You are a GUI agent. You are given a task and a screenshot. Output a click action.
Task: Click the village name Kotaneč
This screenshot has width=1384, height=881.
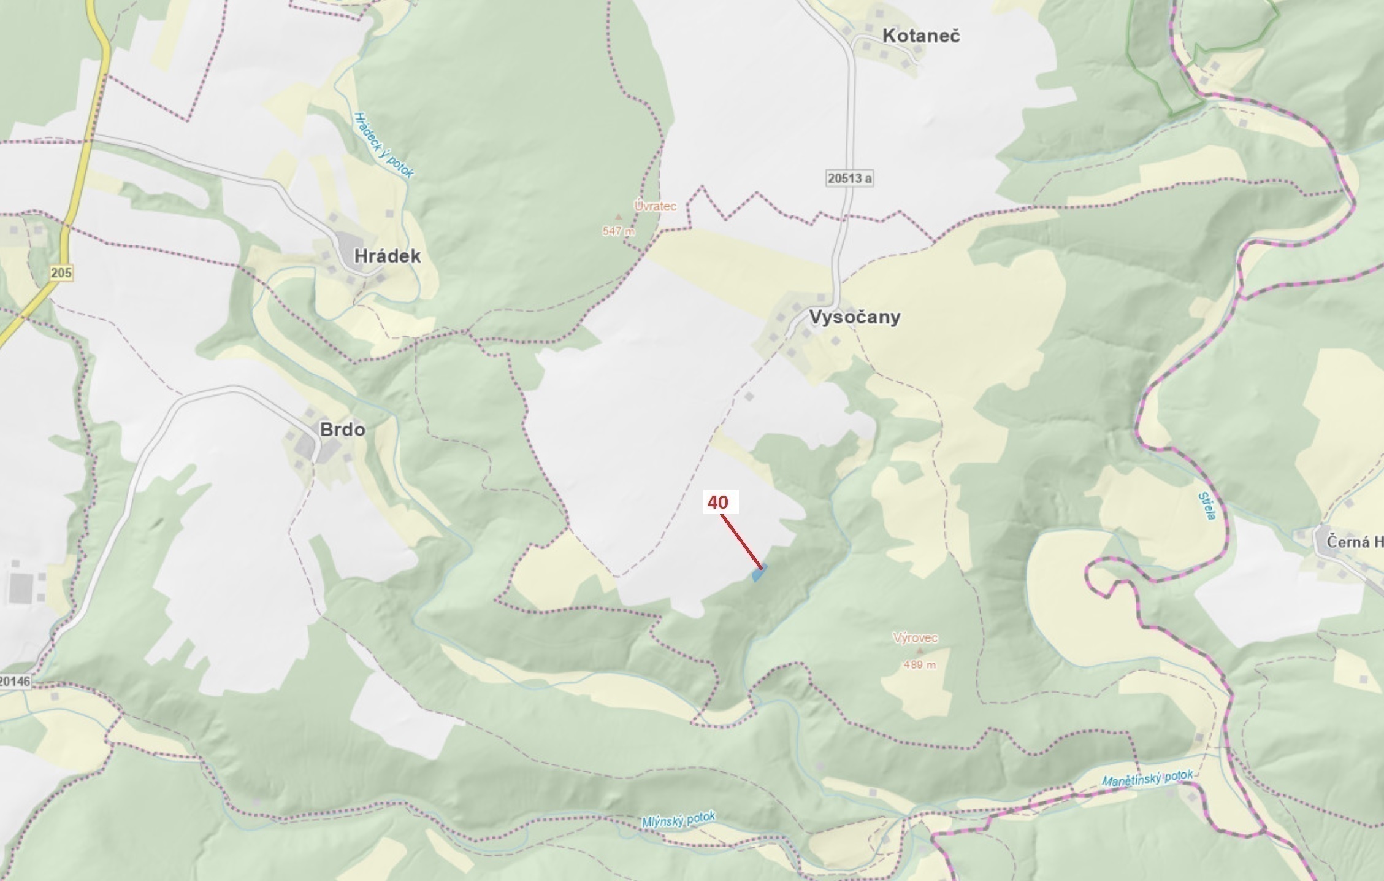pos(921,36)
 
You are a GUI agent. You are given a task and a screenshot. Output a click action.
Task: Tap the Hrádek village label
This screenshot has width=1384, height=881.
pos(388,256)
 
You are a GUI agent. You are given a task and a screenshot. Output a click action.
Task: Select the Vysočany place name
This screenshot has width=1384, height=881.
pos(855,317)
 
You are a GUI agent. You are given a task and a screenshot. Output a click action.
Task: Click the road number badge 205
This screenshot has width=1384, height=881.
pos(61,273)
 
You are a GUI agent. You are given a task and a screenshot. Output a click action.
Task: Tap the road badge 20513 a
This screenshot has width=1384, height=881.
pos(849,178)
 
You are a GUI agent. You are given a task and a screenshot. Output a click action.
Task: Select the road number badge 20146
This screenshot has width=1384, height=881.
pos(15,681)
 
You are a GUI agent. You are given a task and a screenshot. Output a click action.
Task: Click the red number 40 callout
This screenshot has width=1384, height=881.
pos(718,502)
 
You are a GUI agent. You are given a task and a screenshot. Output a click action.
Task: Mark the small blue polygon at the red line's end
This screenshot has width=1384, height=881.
pos(759,574)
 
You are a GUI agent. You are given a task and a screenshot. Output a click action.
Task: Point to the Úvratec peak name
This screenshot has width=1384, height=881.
pos(656,206)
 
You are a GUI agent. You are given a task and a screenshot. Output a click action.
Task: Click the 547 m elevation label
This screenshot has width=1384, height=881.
pos(619,231)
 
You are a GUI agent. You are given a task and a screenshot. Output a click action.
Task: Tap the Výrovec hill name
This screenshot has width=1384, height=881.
pos(915,638)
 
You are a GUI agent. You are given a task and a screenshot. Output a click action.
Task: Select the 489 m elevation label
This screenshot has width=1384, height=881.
pos(919,664)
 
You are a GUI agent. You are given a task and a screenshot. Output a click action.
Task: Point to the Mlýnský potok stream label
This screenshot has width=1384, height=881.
pos(678,820)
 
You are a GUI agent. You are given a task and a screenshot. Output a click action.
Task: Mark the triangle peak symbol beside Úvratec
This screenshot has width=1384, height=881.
pos(619,217)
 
